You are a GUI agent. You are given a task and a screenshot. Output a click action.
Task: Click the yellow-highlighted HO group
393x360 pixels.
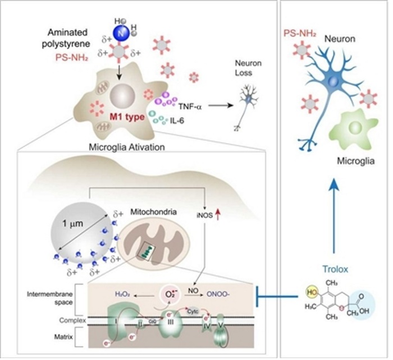(x=308, y=293)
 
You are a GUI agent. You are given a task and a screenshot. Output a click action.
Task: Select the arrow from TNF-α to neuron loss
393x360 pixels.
(x=216, y=105)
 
